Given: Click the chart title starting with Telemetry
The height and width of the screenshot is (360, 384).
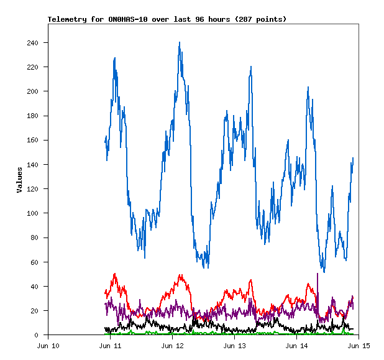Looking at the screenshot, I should [x=167, y=19].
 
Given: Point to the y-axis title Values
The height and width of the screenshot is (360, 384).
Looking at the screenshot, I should [x=19, y=180].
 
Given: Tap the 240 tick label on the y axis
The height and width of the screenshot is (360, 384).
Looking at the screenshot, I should [x=32, y=43].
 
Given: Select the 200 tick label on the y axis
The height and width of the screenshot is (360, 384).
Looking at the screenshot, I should [x=32, y=91].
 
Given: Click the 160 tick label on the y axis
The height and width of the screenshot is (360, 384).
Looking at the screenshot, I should [x=32, y=141].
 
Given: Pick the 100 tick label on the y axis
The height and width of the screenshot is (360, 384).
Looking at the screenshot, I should [x=32, y=213].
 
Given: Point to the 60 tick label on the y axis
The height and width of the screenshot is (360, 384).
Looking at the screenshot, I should [x=34, y=262].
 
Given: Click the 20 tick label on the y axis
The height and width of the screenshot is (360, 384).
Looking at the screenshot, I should [x=34, y=311].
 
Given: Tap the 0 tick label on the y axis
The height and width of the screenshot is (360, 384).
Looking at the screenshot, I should [x=37, y=335].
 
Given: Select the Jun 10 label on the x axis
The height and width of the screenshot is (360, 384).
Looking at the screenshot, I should [x=48, y=346].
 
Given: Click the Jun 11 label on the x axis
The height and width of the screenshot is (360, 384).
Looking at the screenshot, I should [x=111, y=346].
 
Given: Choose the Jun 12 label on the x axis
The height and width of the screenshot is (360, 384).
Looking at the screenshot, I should [x=173, y=346].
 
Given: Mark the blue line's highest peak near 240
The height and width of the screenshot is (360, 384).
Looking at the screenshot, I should [x=180, y=43].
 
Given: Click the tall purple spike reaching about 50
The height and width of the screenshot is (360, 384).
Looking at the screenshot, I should [x=318, y=274].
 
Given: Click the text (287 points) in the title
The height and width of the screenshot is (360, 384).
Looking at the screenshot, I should [x=263, y=19].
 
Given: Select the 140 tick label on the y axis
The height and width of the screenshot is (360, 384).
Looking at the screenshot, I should [x=32, y=165].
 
